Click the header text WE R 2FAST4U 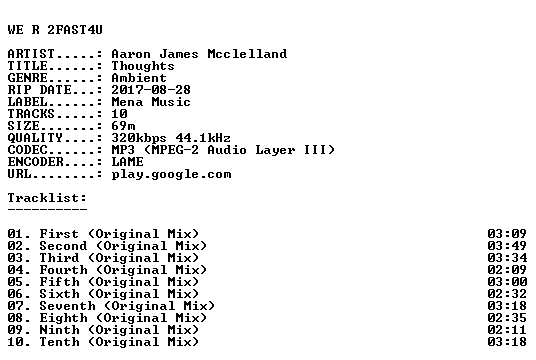click(x=55, y=30)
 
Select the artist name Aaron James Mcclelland click(x=199, y=54)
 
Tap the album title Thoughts click(x=143, y=66)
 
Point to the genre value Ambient click(x=139, y=78)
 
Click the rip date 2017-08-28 click(x=151, y=90)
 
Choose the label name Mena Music click(x=151, y=102)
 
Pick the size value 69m click(x=123, y=126)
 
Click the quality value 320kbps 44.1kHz click(x=171, y=138)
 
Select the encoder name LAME click(x=127, y=162)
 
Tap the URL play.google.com click(x=171, y=174)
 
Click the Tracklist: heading click(x=47, y=198)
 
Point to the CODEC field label click(x=27, y=150)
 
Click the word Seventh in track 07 click(x=67, y=306)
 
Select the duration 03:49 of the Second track click(x=507, y=246)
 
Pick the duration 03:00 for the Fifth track click(x=507, y=282)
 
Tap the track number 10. click(x=15, y=342)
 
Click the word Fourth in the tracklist click(x=63, y=270)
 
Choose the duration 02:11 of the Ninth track click(x=507, y=330)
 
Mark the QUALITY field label click(x=35, y=138)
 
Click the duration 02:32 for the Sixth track click(x=507, y=294)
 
